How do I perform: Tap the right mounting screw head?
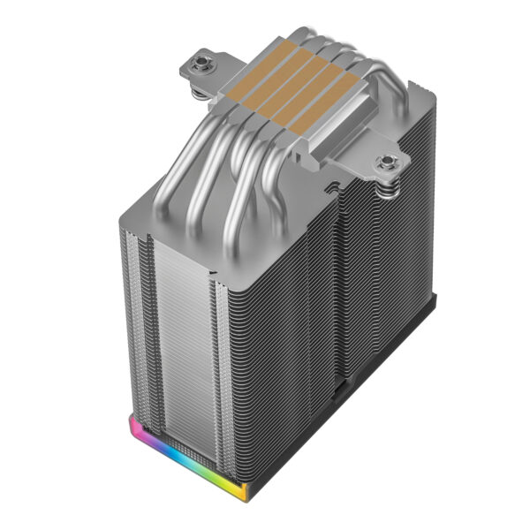pyautogui.click(x=386, y=162)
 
